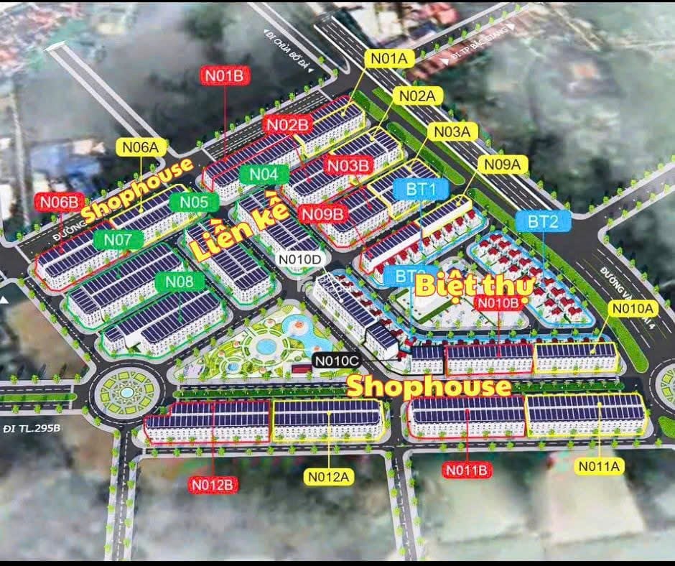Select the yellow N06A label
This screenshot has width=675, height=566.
coord(141,147)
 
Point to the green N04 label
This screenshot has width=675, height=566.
coord(264,174)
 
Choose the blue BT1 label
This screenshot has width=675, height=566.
coord(417,189)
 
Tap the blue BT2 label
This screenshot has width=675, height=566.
coord(543,221)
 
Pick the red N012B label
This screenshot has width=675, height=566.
coord(213,485)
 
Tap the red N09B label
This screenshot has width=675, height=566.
coord(323,213)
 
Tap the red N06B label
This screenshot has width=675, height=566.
coord(59,202)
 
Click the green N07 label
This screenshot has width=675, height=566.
coord(118,239)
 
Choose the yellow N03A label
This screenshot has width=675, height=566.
coord(452,131)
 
